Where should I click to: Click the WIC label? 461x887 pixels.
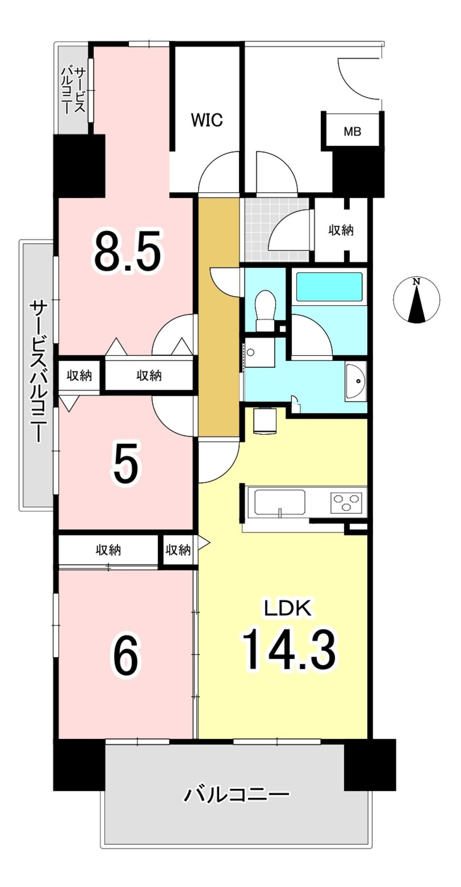pos(207,120)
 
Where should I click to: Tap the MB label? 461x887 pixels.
pos(353,131)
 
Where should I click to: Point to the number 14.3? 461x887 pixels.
pos(289,650)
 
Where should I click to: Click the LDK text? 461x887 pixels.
pos(289,609)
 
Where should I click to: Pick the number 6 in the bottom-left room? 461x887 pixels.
pos(126,657)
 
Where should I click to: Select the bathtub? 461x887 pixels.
pos(329,286)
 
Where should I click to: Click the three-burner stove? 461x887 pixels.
pos(346,502)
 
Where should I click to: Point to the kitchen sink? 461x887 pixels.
pos(279,502)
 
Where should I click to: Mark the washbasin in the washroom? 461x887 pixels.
pos(356,381)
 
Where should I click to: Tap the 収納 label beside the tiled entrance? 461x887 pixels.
pos(341,230)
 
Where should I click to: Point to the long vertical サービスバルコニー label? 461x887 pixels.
pos(38,372)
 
